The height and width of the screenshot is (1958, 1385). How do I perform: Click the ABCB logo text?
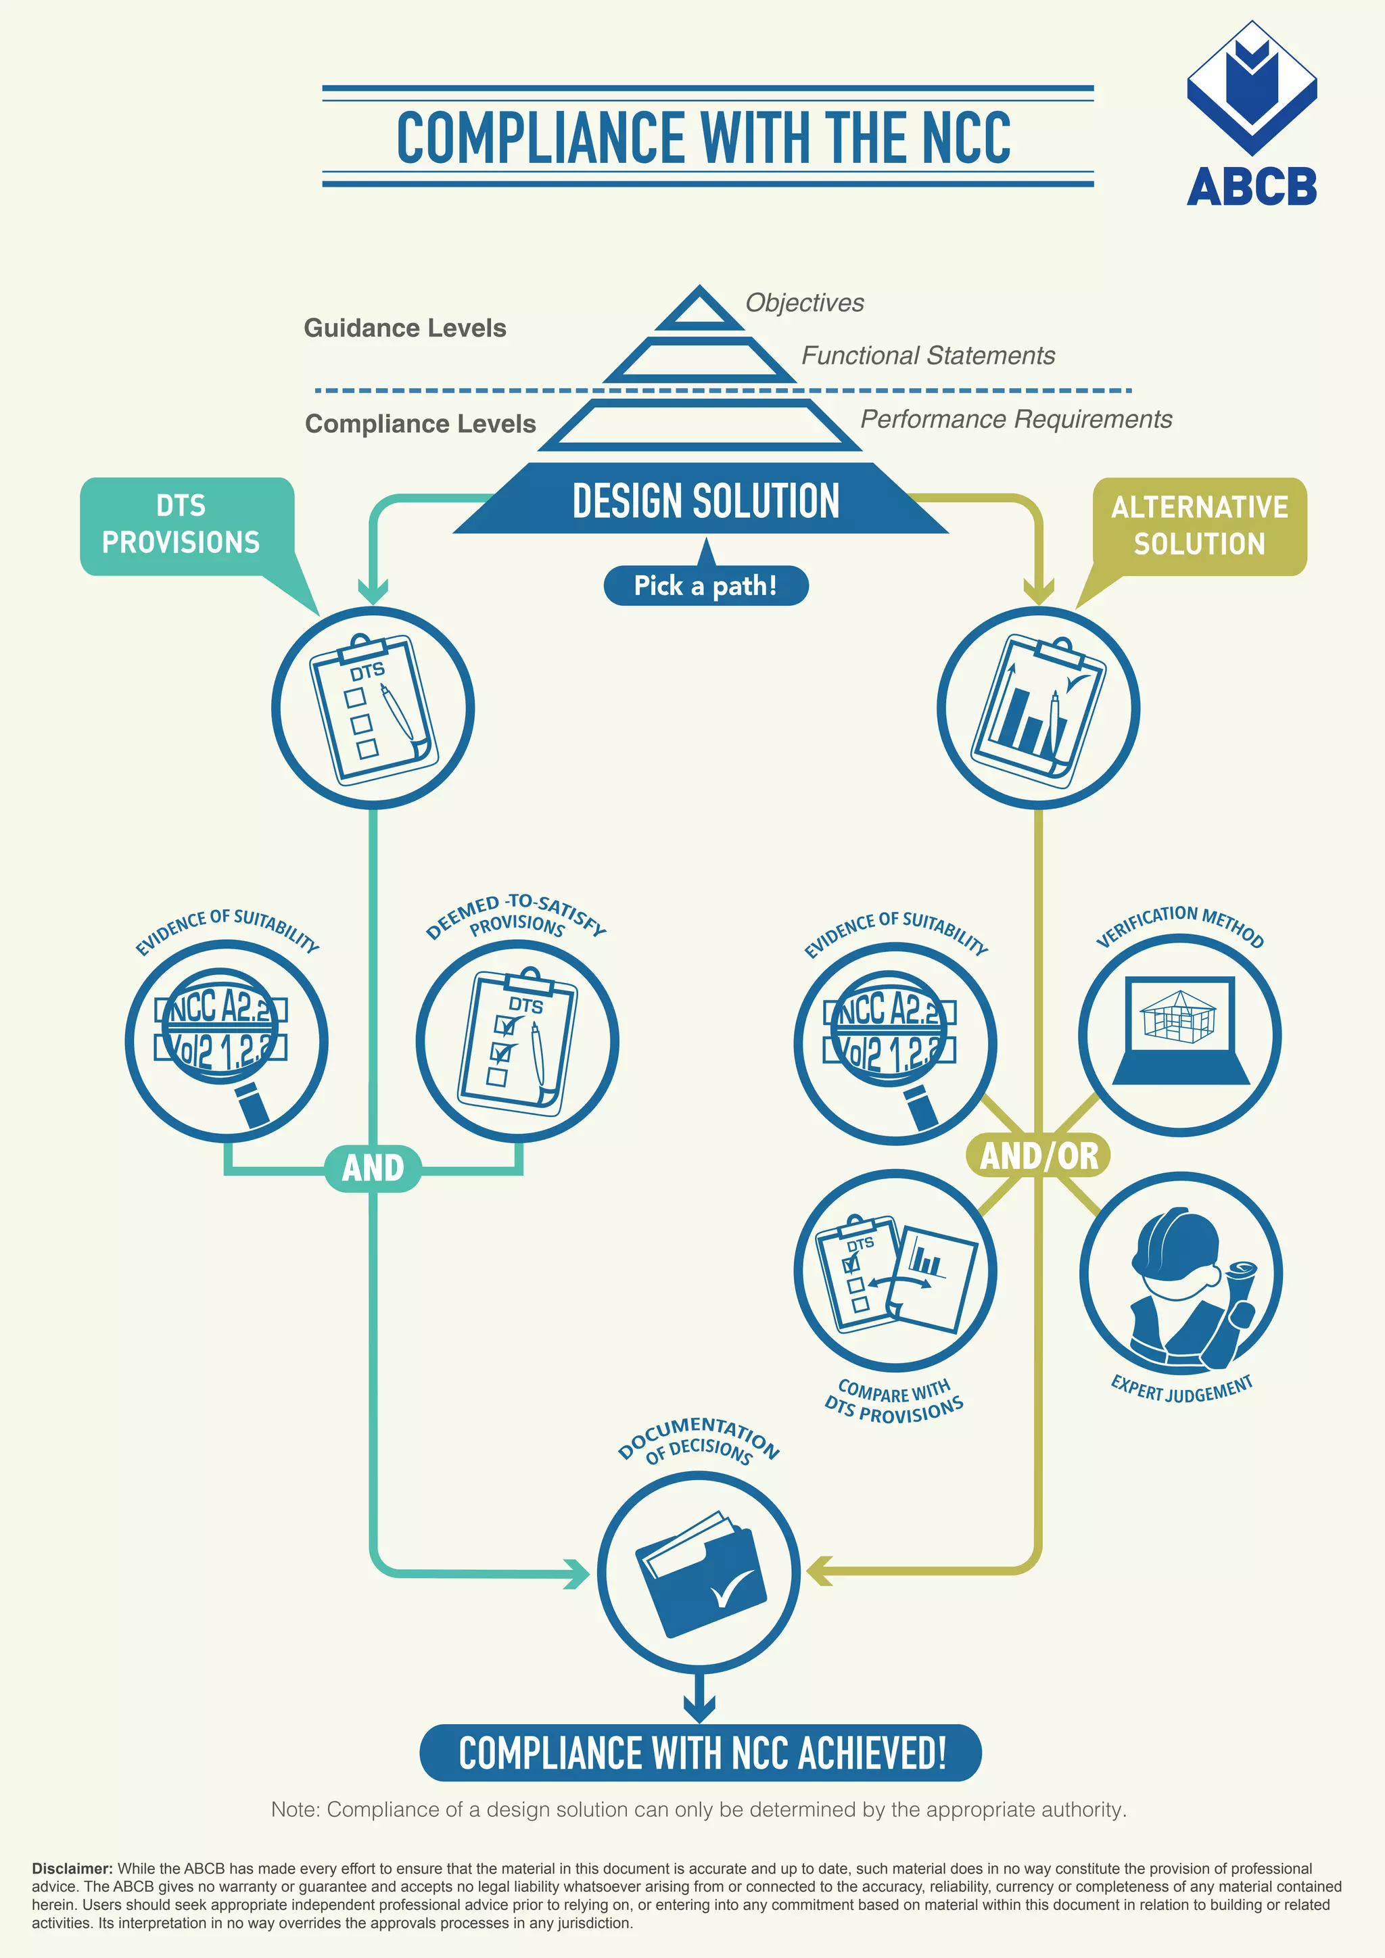[x=1251, y=187]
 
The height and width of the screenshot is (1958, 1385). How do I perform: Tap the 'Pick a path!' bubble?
[x=705, y=586]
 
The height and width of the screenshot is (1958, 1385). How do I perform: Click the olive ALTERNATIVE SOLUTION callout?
[x=1199, y=526]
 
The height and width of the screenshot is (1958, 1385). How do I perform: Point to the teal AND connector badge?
[x=373, y=1168]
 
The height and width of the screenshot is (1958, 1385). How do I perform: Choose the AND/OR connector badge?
[x=1039, y=1155]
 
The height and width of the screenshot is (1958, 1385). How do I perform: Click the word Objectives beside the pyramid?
[x=804, y=303]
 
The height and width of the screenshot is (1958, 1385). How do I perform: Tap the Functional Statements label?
[x=928, y=356]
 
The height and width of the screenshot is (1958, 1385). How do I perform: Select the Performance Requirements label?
[x=1016, y=420]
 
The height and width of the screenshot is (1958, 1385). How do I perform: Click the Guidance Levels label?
[x=405, y=329]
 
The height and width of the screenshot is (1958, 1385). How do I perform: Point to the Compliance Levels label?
[x=421, y=424]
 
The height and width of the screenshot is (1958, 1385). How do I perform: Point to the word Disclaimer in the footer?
[x=72, y=1869]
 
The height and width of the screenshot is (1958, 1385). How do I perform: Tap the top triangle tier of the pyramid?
[x=699, y=310]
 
